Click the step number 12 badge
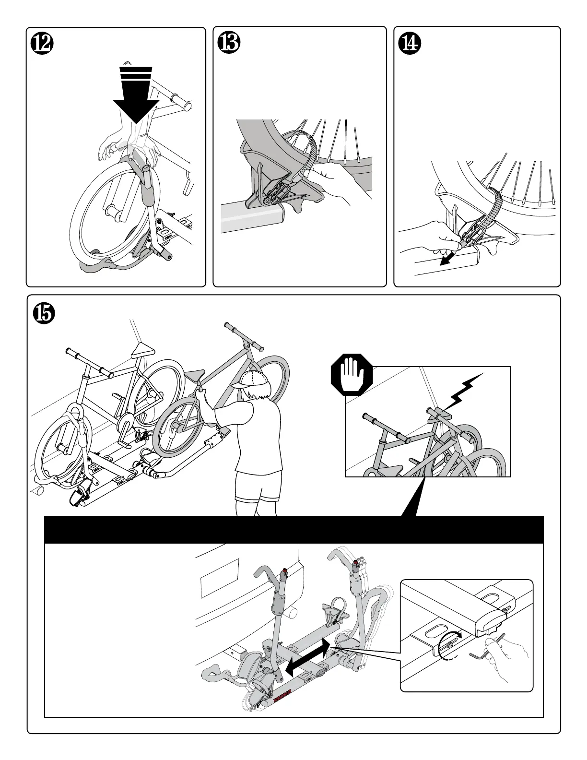point(42,44)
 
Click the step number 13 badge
point(229,44)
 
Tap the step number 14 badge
point(410,44)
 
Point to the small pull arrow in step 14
point(447,259)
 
